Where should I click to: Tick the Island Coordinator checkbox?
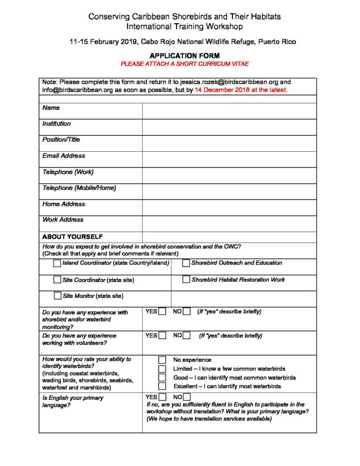pyautogui.click(x=57, y=264)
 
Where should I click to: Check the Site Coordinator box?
pyautogui.click(x=57, y=280)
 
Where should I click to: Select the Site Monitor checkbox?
pyautogui.click(x=57, y=296)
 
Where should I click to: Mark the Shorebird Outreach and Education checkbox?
pyautogui.click(x=186, y=264)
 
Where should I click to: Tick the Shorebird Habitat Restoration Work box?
pyautogui.click(x=186, y=280)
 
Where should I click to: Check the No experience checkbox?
pyautogui.click(x=162, y=360)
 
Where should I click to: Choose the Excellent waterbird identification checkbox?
pyautogui.click(x=162, y=386)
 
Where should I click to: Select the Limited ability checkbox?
pyautogui.click(x=162, y=369)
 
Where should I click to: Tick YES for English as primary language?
pyautogui.click(x=162, y=397)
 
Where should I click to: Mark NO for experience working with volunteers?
pyautogui.click(x=186, y=336)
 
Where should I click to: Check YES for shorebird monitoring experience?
pyautogui.click(x=162, y=312)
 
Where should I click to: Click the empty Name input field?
pyautogui.click(x=229, y=111)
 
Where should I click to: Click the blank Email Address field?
pyautogui.click(x=229, y=159)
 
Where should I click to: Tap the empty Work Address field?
pyautogui.click(x=229, y=223)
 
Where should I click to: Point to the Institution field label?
pyautogui.click(x=56, y=124)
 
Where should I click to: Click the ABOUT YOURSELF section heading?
pyautogui.click(x=73, y=237)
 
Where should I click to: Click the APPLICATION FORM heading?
pyautogui.click(x=184, y=55)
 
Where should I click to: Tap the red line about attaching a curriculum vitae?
pyautogui.click(x=184, y=64)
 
